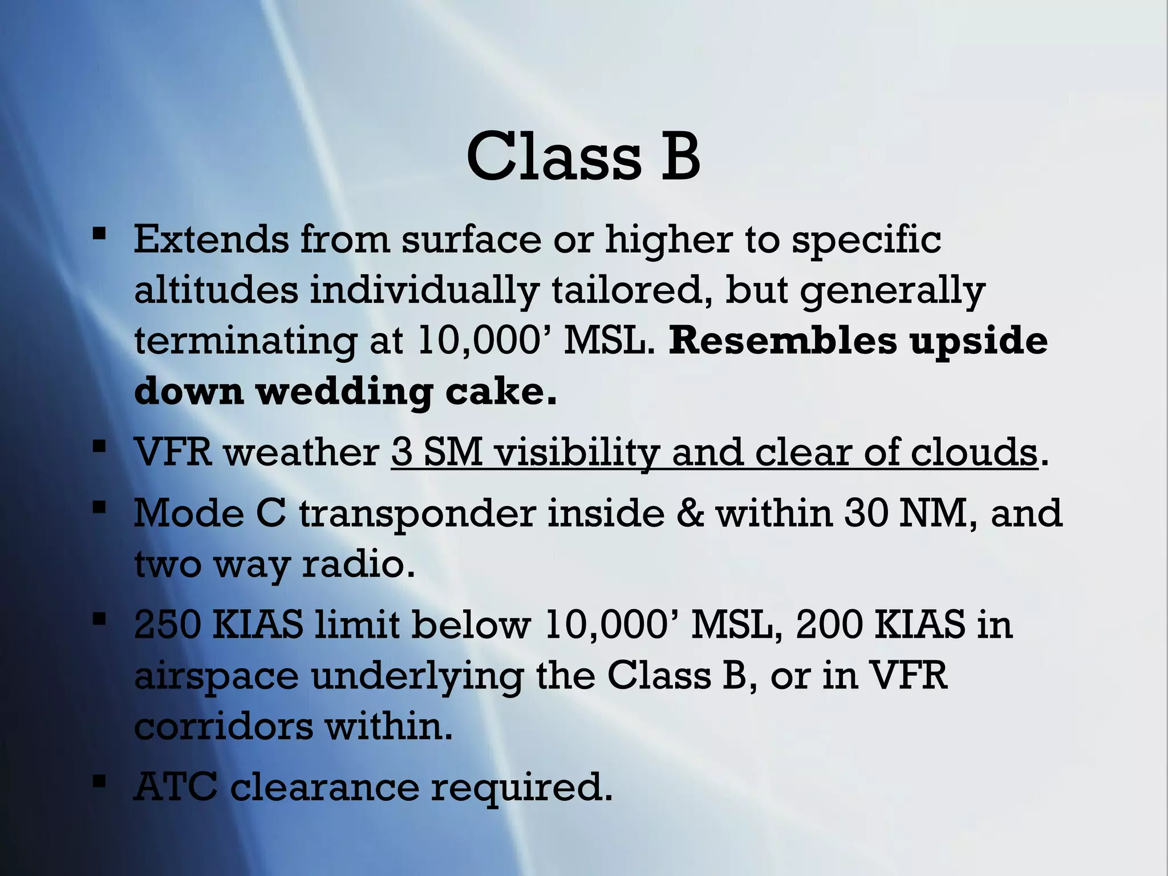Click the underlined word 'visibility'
(x=575, y=452)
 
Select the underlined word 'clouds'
(x=973, y=452)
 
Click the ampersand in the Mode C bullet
(x=690, y=513)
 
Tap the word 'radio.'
(x=358, y=564)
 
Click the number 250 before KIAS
(x=167, y=624)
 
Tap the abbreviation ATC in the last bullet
(x=175, y=787)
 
